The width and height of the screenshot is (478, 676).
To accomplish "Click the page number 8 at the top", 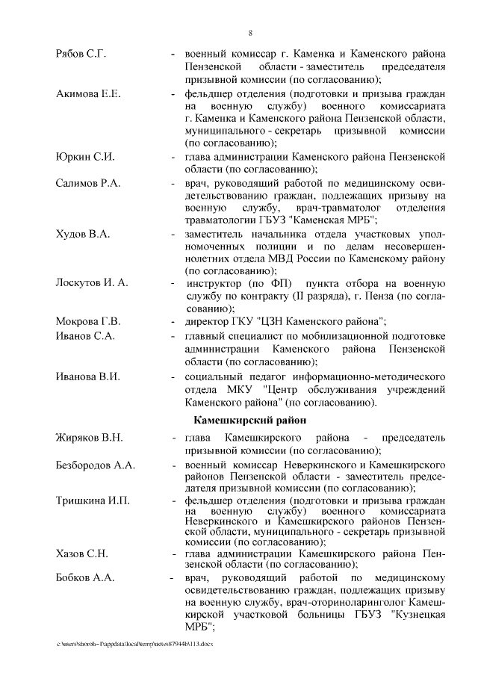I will (x=249, y=32).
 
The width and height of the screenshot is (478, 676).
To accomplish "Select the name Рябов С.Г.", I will (x=81, y=55).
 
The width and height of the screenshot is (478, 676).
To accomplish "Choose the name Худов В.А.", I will (x=83, y=235).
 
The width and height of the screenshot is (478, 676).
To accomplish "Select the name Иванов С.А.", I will (x=85, y=338).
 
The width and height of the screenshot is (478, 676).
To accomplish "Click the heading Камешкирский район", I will (x=249, y=421).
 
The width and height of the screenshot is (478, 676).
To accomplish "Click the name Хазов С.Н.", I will (x=82, y=553).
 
